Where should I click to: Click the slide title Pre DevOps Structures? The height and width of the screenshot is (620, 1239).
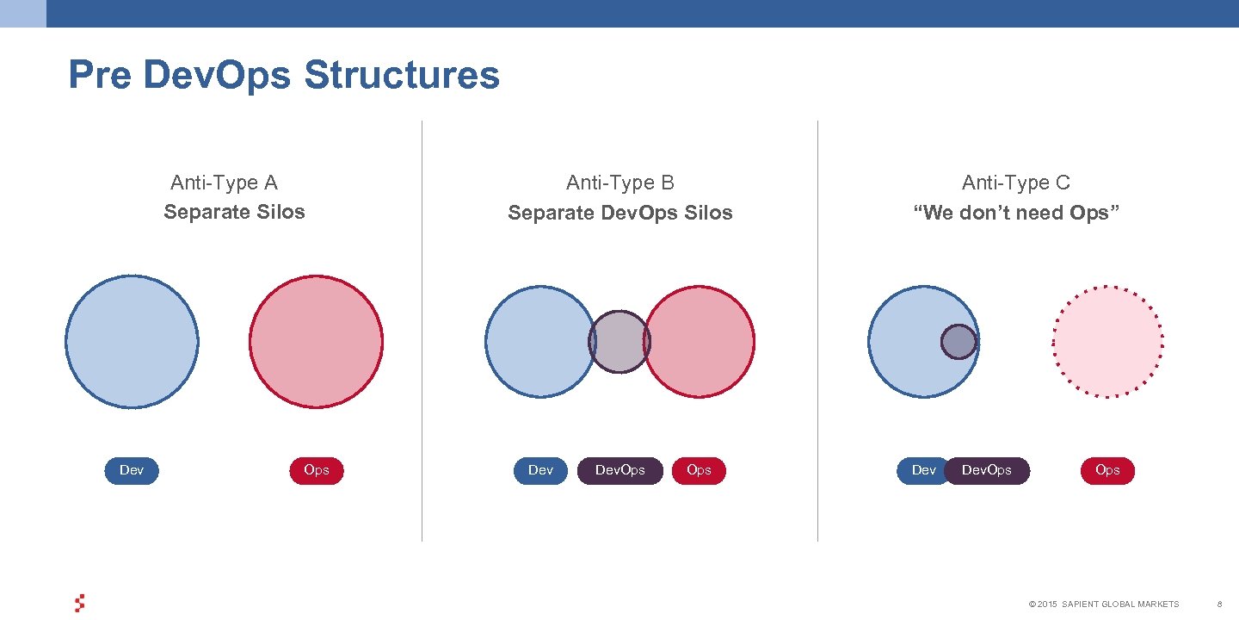[x=283, y=75]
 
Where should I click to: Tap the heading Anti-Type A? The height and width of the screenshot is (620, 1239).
[x=224, y=183]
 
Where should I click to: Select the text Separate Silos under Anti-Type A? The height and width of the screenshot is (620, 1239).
[x=234, y=212]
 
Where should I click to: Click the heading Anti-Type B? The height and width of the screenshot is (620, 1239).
[x=619, y=183]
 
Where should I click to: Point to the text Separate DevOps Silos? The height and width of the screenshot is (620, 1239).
[x=619, y=213]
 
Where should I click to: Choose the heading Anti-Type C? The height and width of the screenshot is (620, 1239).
[x=1015, y=183]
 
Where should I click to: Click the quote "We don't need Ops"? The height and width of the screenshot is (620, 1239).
[x=1015, y=213]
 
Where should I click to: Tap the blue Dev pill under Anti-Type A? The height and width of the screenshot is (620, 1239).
[x=132, y=470]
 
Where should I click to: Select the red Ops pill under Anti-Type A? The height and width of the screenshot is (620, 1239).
[x=317, y=470]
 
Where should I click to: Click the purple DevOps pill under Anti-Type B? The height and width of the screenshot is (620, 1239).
[x=619, y=470]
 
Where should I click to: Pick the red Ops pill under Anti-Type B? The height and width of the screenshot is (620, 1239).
[x=699, y=470]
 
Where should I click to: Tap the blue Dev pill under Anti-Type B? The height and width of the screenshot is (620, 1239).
[x=540, y=470]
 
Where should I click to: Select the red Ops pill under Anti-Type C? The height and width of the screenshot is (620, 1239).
[x=1107, y=470]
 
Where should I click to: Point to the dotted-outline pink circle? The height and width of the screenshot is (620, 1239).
[x=1107, y=341]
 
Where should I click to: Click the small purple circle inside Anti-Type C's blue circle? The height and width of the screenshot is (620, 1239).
[x=959, y=342]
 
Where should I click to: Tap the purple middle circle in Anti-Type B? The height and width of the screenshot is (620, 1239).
[x=619, y=342]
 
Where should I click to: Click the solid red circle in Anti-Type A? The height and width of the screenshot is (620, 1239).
[x=316, y=341]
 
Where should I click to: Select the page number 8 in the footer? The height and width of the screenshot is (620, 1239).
[x=1219, y=604]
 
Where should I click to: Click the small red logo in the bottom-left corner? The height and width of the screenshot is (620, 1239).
[x=79, y=603]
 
